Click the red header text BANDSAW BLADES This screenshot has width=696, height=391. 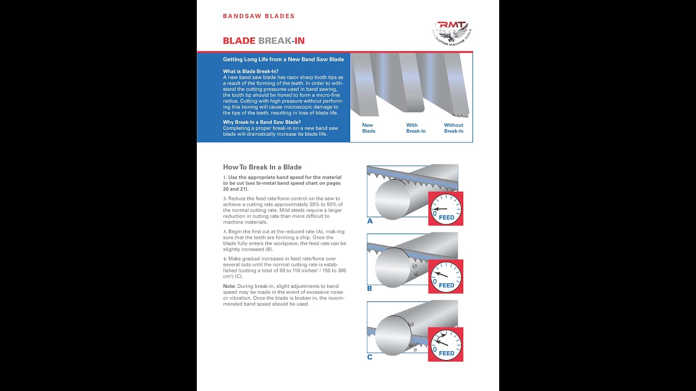259,16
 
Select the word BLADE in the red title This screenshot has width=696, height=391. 239,41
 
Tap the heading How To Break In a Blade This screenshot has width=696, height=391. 262,167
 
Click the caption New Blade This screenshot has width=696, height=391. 369,128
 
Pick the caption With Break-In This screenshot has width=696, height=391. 416,128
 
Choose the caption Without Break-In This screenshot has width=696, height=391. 453,128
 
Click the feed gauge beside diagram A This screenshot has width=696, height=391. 446,209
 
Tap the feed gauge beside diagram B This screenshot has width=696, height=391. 446,276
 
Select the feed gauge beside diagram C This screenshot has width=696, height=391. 446,344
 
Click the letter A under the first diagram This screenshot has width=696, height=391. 370,221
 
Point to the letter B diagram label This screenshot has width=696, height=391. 370,288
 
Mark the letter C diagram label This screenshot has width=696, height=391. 370,357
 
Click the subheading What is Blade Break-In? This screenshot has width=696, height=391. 251,72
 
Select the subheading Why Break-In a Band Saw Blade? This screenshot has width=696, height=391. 262,122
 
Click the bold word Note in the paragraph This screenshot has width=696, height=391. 229,286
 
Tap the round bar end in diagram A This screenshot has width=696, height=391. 393,199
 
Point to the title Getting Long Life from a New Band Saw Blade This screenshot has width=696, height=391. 283,59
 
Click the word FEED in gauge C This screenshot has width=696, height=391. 446,354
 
